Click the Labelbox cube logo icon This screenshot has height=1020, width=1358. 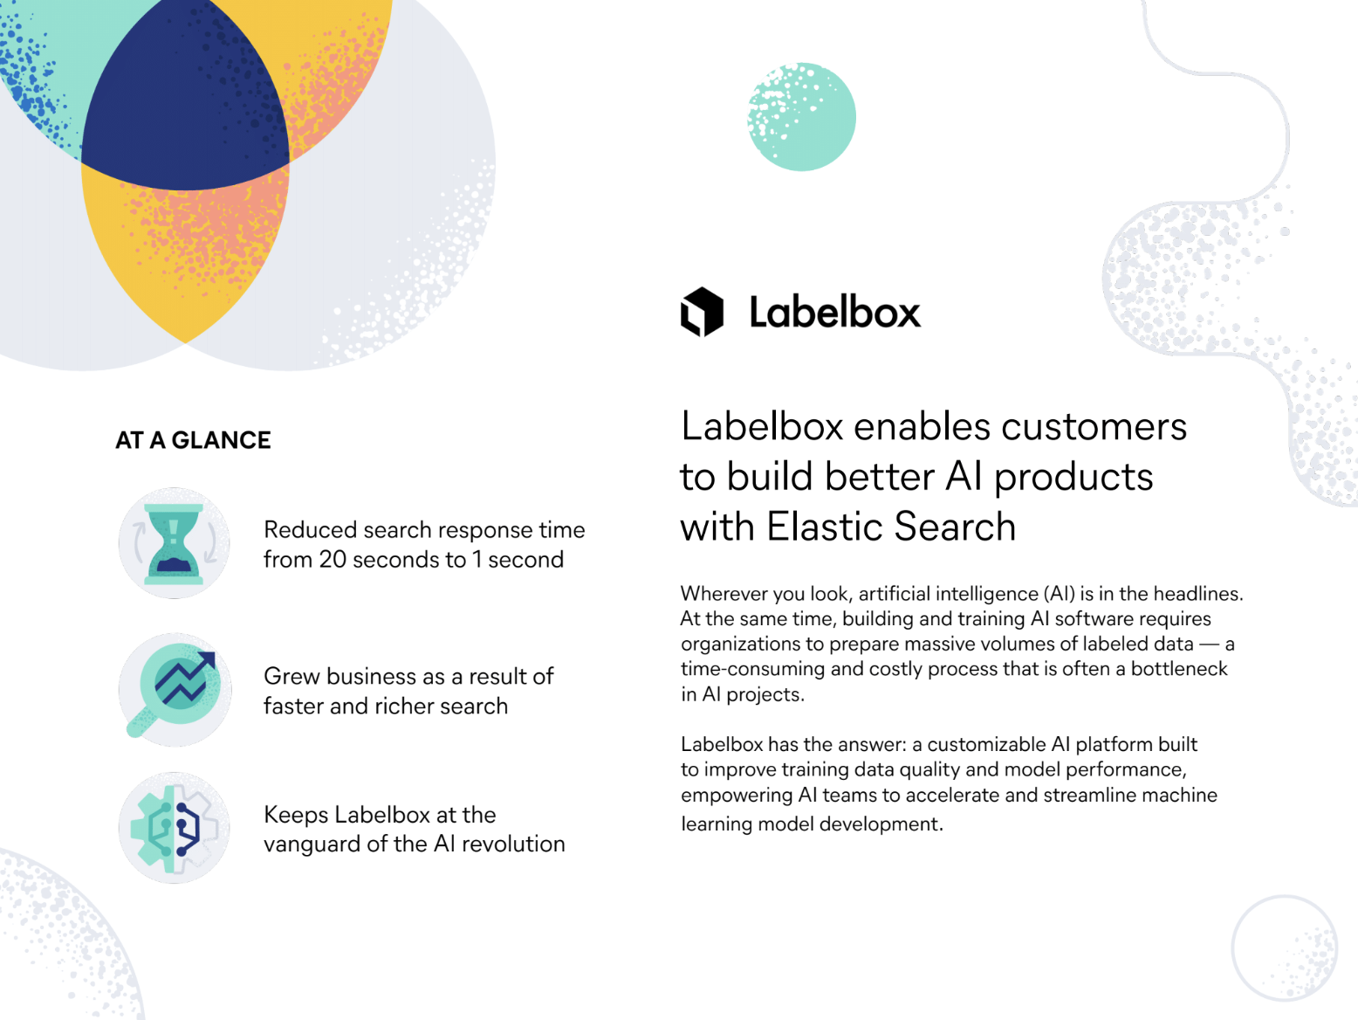click(703, 311)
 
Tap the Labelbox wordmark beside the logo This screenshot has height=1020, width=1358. click(834, 312)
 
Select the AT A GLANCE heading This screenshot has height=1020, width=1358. click(193, 440)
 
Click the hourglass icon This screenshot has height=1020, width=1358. click(174, 543)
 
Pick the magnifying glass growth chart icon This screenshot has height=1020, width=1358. click(175, 689)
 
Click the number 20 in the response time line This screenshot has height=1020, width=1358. click(333, 560)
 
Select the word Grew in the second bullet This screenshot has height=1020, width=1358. click(292, 677)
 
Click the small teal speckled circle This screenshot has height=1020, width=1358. click(802, 117)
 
